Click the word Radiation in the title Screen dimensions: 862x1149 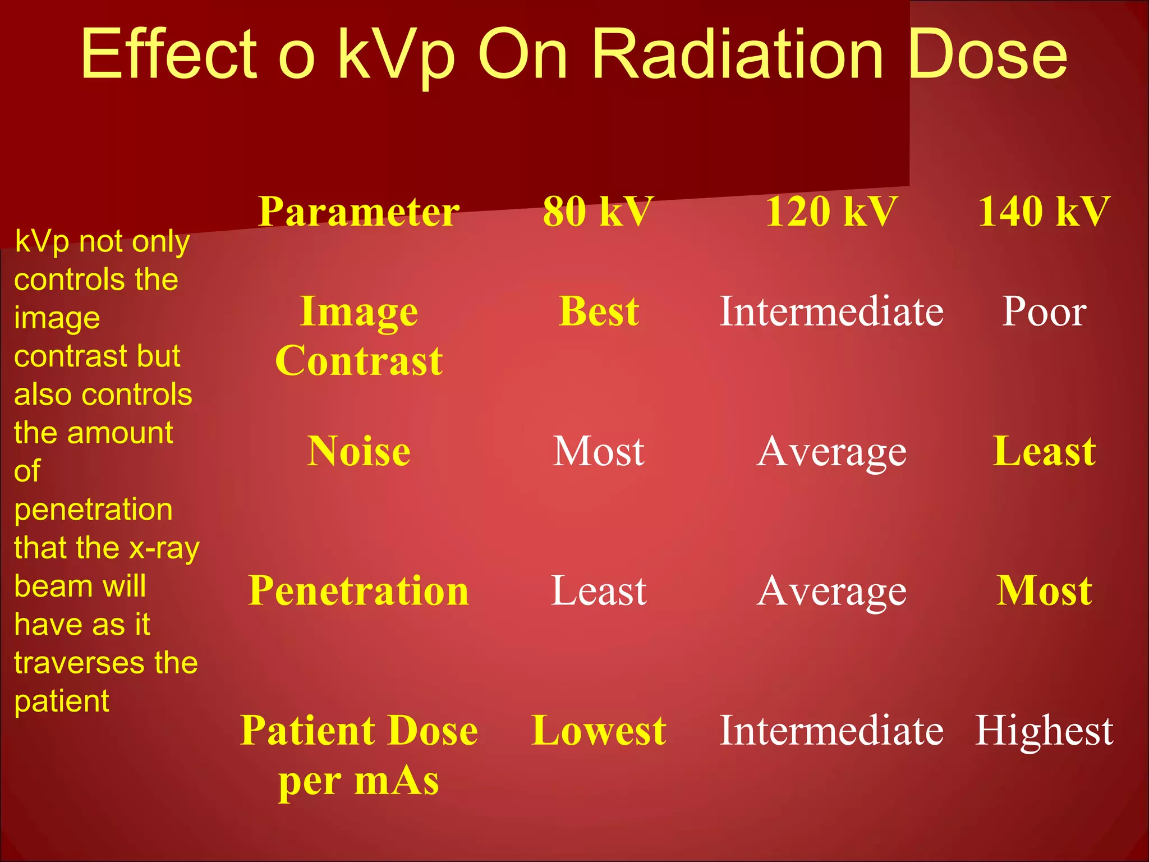(x=737, y=54)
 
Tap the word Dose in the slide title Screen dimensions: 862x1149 (x=987, y=54)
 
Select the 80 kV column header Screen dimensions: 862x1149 (x=598, y=212)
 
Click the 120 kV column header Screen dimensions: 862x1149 (x=831, y=212)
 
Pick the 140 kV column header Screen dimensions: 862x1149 (x=1044, y=212)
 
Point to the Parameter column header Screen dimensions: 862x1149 (x=359, y=212)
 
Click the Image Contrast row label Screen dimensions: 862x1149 (x=359, y=336)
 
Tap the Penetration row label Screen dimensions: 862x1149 (x=359, y=590)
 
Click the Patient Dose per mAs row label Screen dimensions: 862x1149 (x=359, y=755)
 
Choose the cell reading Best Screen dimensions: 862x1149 (x=599, y=311)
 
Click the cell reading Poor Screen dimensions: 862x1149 (x=1044, y=311)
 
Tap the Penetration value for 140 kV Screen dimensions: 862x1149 (x=1044, y=590)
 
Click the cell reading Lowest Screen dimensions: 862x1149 (x=599, y=730)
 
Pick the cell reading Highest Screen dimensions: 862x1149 (x=1044, y=730)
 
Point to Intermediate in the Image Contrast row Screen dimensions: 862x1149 (x=831, y=311)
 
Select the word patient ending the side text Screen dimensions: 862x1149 (x=62, y=701)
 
